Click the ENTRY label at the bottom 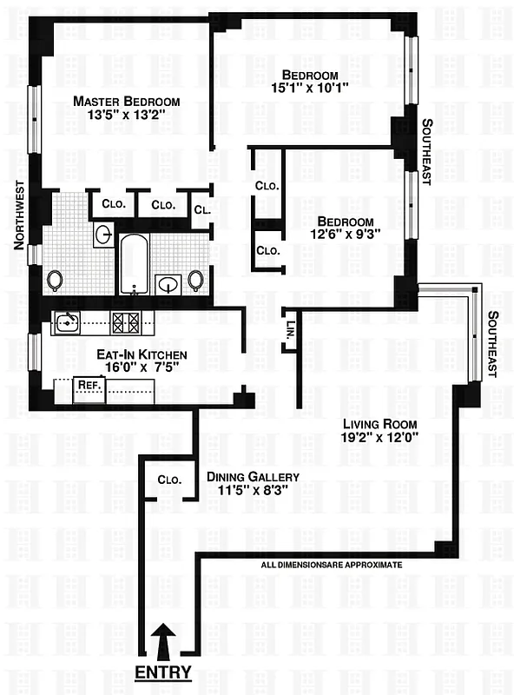coord(162,673)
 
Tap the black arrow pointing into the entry coord(162,642)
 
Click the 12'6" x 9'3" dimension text coord(345,235)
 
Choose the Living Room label coord(380,424)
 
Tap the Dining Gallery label coord(253,477)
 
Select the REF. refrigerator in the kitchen coord(87,383)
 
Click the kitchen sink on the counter coord(66,323)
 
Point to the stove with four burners coord(127,323)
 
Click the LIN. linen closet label coord(290,331)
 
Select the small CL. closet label coord(201,209)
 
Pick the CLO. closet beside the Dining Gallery coord(169,480)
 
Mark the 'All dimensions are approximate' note coord(332,565)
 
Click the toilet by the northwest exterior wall coord(55,280)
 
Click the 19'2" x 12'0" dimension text coord(380,439)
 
